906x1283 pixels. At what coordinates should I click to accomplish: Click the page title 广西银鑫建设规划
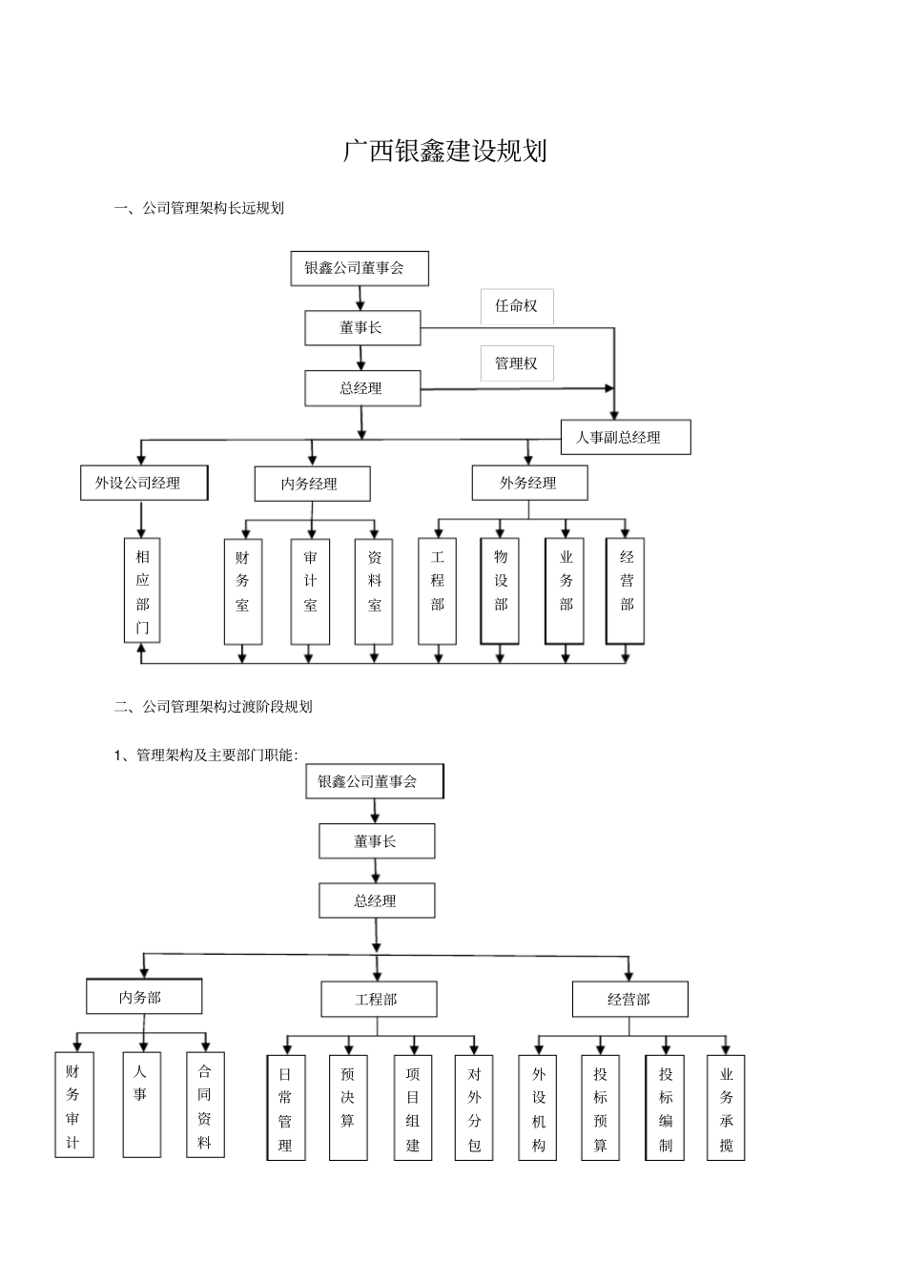click(x=444, y=152)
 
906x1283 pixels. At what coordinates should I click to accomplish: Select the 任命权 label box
click(x=516, y=306)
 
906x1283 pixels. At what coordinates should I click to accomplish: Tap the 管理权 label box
click(x=516, y=363)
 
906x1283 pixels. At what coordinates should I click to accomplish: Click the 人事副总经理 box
click(x=625, y=438)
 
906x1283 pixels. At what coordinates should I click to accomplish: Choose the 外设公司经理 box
click(x=144, y=483)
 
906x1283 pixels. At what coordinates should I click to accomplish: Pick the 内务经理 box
click(x=312, y=484)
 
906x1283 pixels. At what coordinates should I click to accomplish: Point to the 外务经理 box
click(x=529, y=483)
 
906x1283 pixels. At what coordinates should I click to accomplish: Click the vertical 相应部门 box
click(x=142, y=590)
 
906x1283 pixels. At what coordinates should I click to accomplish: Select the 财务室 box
click(x=242, y=591)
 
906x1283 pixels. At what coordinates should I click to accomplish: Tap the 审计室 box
click(x=310, y=591)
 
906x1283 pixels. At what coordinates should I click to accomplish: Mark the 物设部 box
click(x=500, y=591)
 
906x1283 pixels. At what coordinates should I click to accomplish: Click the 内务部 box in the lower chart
click(x=144, y=998)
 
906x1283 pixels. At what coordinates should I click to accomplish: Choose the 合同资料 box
click(x=205, y=1106)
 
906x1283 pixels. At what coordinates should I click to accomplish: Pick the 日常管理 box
click(x=286, y=1107)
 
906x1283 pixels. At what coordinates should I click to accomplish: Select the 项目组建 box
click(x=413, y=1107)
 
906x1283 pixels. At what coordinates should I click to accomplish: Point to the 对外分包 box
click(x=474, y=1107)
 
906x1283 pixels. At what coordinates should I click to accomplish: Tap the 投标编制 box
click(x=665, y=1107)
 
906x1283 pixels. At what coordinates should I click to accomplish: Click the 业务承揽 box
click(x=726, y=1107)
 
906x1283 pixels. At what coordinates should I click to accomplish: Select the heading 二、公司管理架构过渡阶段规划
click(x=214, y=707)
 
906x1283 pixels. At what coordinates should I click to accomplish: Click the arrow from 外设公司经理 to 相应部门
click(x=141, y=518)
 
